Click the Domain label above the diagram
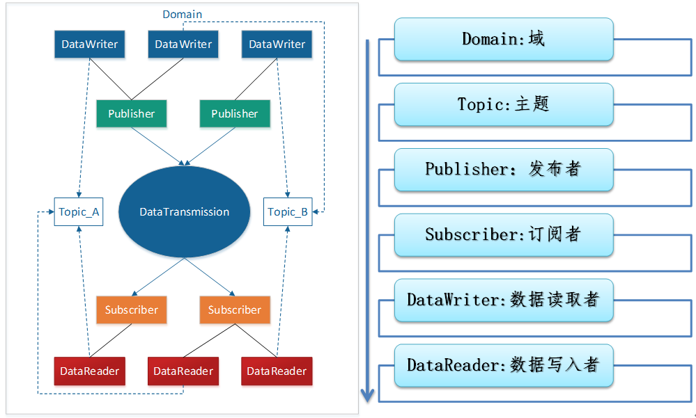tap(183, 14)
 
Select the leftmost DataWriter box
tap(90, 45)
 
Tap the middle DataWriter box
tap(183, 45)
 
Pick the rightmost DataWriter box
tap(277, 45)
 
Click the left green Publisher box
tap(132, 113)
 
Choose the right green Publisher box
tap(235, 113)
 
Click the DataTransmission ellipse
tap(184, 212)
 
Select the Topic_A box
tap(78, 212)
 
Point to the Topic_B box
tap(288, 212)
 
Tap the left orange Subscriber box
tap(132, 310)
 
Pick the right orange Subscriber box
tap(235, 310)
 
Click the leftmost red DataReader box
tap(89, 371)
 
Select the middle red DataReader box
tap(183, 371)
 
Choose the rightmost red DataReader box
tap(277, 371)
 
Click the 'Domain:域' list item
tap(504, 39)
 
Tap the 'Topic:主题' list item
tap(504, 104)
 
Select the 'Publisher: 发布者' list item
tap(504, 170)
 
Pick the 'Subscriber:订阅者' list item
tap(504, 234)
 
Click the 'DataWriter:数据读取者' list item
tap(504, 300)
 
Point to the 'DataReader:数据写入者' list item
tap(504, 365)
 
